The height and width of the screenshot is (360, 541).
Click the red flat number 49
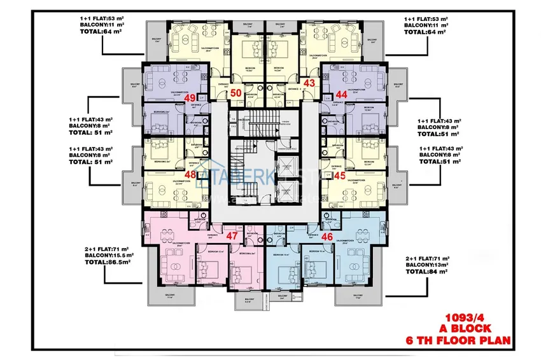(190, 97)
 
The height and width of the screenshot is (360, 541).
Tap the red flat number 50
(235, 93)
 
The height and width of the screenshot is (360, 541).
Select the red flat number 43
(310, 83)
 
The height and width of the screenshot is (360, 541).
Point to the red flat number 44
(341, 94)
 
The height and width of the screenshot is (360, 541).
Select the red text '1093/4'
(468, 315)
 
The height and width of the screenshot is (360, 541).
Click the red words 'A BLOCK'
(468, 328)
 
